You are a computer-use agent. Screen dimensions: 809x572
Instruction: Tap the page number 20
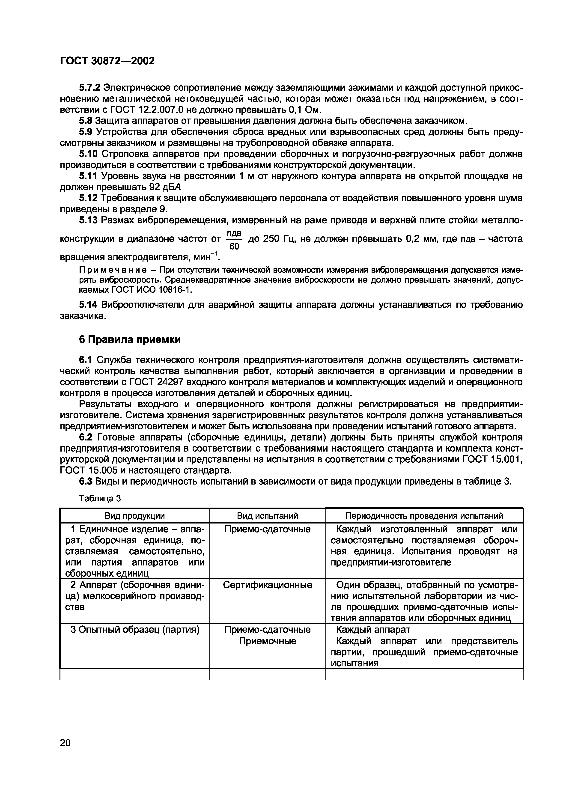coord(65,753)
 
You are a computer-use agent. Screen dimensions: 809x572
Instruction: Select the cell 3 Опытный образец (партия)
coord(135,629)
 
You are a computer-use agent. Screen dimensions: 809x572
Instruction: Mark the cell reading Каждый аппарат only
coord(373,629)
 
